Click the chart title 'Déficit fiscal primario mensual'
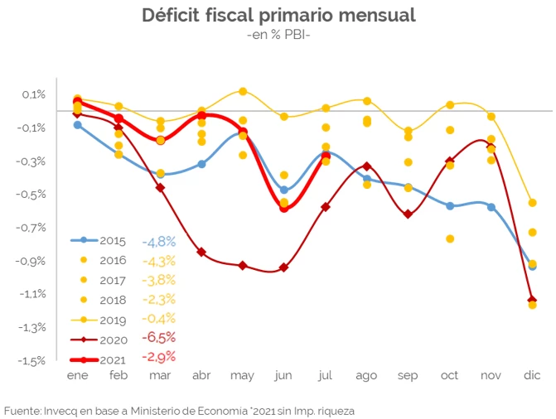pos(278,16)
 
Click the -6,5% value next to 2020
pos(158,338)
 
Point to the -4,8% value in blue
pos(158,241)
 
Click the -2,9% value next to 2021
pos(158,358)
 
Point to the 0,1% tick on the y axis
pos(34,94)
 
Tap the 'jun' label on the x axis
pos(284,376)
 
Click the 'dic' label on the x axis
pos(532,376)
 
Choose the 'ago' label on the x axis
pos(366,376)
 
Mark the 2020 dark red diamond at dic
pos(532,300)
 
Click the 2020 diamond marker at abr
pos(201,252)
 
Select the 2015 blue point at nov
pos(491,207)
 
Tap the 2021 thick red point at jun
pos(284,208)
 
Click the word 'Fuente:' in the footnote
pos(25,410)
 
